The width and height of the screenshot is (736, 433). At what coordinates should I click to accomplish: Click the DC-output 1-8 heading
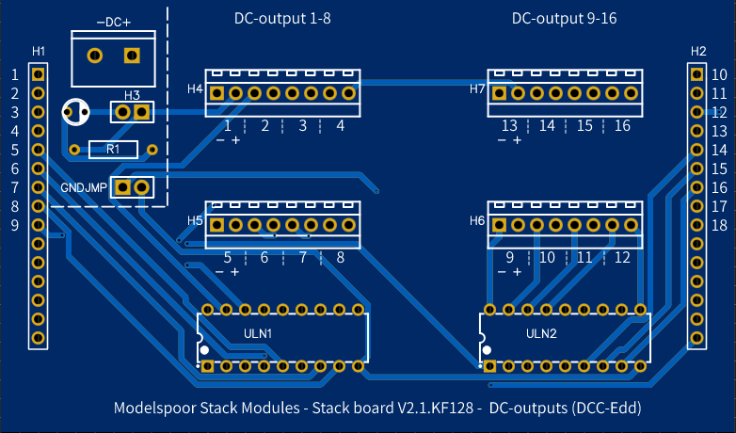coord(282,18)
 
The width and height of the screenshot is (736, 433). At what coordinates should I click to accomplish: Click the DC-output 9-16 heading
coord(564,18)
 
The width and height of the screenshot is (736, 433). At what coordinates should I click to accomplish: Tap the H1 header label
coord(38,50)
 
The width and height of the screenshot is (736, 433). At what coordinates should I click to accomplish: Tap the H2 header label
coord(697,50)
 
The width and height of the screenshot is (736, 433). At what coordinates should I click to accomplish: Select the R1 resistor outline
coord(113,149)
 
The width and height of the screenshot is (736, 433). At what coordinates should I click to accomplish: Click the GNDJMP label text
coord(84,187)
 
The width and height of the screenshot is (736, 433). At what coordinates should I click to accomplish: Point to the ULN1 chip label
coord(258,333)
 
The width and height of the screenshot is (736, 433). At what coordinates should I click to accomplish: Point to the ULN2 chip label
coord(541,333)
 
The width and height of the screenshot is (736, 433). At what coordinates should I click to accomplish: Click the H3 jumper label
coord(132,95)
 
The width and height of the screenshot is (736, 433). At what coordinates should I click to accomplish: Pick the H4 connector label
coord(195,89)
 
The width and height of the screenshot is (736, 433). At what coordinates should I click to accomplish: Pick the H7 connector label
coord(477,89)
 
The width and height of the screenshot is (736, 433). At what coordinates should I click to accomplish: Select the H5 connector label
coord(195,220)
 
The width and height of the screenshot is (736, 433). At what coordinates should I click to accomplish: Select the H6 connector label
coord(477,220)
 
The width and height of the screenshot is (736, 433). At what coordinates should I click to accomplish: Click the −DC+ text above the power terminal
coord(113,21)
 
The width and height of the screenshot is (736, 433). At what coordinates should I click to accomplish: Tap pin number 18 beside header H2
coord(718,225)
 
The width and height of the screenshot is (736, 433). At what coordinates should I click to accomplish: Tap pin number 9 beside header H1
coord(15,225)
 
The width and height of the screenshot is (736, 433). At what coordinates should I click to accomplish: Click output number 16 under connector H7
coord(622,125)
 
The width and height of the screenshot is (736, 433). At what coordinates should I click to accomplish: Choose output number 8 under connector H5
coord(340,257)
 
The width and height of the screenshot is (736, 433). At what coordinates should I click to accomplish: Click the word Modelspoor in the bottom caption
coord(154,408)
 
